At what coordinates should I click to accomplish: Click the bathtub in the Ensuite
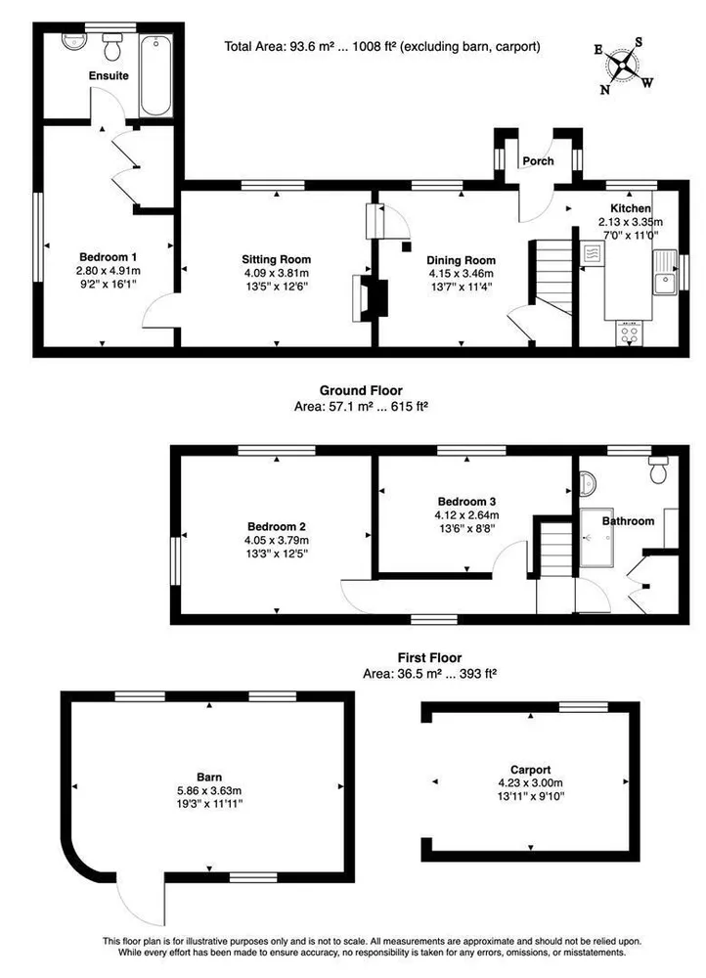point(155,76)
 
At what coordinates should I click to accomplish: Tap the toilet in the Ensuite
point(112,47)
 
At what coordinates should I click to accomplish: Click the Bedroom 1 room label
point(108,257)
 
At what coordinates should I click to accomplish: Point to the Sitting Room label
point(277,259)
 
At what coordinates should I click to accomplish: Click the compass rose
point(623,66)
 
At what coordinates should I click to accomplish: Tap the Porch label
point(538,161)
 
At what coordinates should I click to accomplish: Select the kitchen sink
point(666,272)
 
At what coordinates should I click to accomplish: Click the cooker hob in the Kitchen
point(630,333)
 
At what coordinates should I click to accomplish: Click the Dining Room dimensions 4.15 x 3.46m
point(461,274)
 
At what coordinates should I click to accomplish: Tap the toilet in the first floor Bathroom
point(659,469)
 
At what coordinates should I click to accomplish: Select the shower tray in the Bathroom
point(596,538)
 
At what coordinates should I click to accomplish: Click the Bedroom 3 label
point(466,502)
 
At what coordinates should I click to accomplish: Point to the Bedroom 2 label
point(277,527)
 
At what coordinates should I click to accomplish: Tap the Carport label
point(530,770)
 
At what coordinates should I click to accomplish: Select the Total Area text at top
point(382,46)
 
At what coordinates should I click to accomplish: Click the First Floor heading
point(429,657)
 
